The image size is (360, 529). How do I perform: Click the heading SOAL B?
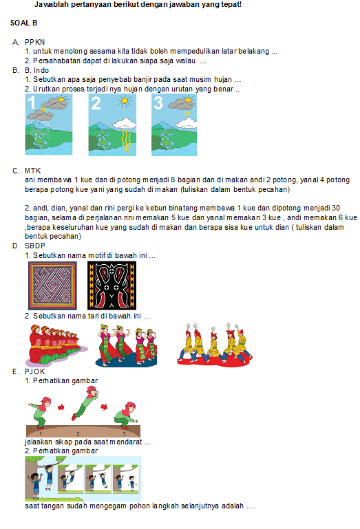click(23, 23)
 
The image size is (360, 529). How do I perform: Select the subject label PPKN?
click(35, 42)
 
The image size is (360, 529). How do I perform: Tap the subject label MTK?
click(33, 171)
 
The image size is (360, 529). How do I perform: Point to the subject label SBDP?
click(35, 246)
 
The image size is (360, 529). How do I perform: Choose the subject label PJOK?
click(35, 371)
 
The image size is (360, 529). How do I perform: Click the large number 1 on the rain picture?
click(32, 102)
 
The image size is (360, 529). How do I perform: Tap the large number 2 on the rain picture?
click(96, 103)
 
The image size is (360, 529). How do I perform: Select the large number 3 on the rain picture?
click(158, 103)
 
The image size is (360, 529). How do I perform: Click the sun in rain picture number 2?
click(125, 100)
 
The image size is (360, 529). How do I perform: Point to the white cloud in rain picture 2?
click(125, 123)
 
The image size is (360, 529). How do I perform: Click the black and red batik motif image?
click(112, 285)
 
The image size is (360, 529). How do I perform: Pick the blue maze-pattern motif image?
click(52, 285)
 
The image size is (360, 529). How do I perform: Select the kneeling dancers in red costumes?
click(55, 345)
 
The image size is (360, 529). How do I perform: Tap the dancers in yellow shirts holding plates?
click(215, 344)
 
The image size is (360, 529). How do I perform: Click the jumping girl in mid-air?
click(85, 403)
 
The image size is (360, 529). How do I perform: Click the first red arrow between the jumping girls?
click(61, 407)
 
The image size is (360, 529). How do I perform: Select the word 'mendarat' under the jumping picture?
click(125, 442)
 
